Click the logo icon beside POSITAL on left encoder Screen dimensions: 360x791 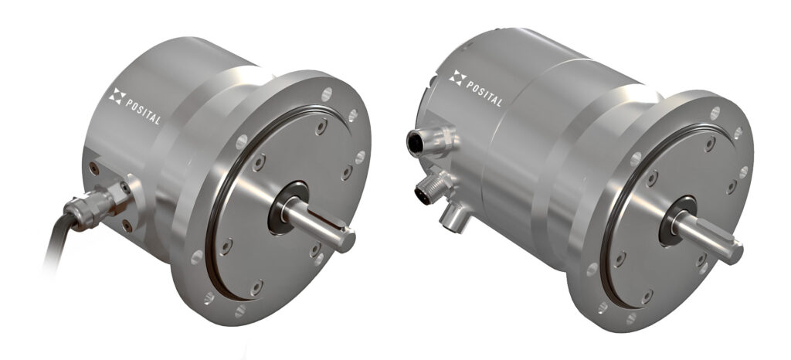click(117, 97)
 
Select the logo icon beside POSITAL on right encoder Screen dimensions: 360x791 click(457, 77)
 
